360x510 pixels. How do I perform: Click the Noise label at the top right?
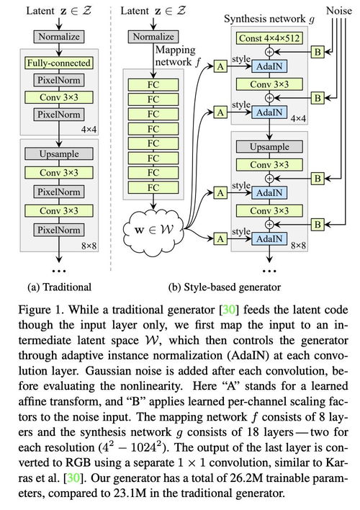click(338, 10)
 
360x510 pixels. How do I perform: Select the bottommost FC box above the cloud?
click(155, 187)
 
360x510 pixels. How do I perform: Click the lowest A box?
click(219, 237)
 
